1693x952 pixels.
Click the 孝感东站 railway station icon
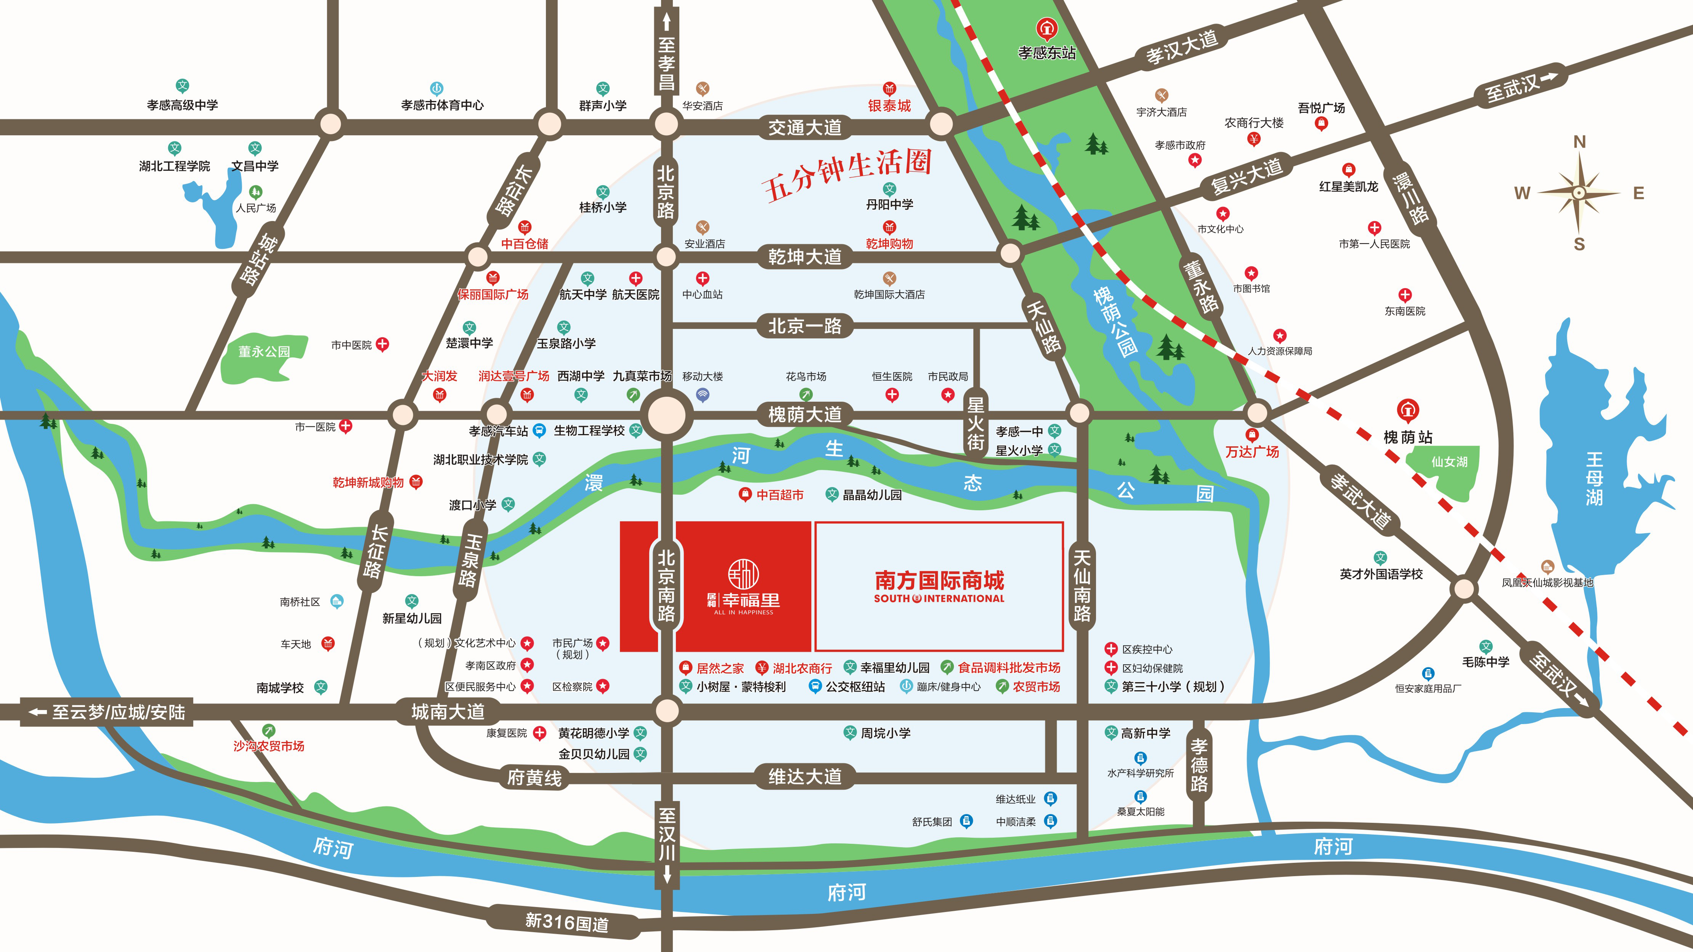point(1046,29)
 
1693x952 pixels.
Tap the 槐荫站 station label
point(1408,437)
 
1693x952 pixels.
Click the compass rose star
point(1579,192)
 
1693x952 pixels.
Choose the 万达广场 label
point(1252,452)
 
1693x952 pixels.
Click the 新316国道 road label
point(566,922)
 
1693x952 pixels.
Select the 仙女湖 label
point(1449,462)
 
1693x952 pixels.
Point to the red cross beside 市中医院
point(382,344)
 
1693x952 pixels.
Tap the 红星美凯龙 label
point(1349,187)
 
